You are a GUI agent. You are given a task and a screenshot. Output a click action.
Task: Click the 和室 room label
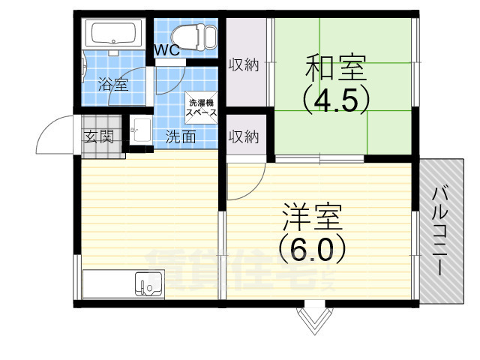335,68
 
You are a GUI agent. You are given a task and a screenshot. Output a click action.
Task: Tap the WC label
166,51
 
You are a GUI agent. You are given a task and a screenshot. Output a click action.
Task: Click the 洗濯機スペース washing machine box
202,107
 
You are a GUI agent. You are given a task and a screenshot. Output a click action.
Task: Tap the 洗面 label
181,136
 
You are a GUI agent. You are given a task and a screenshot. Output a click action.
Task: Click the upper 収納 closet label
244,65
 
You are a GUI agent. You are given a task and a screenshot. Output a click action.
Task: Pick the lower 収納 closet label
244,136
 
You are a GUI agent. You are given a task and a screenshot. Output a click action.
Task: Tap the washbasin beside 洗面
139,132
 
